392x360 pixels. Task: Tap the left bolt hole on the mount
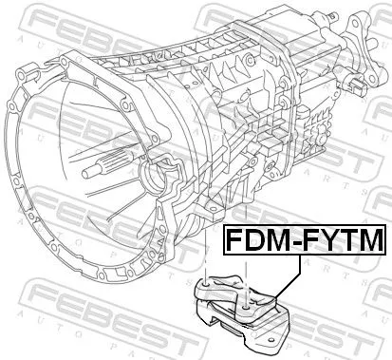(x=207, y=307)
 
